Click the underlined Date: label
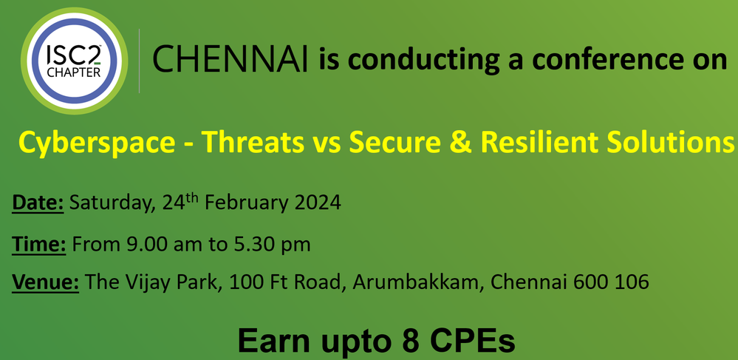[38, 203]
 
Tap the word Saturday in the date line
[111, 203]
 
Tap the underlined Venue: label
[45, 282]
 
